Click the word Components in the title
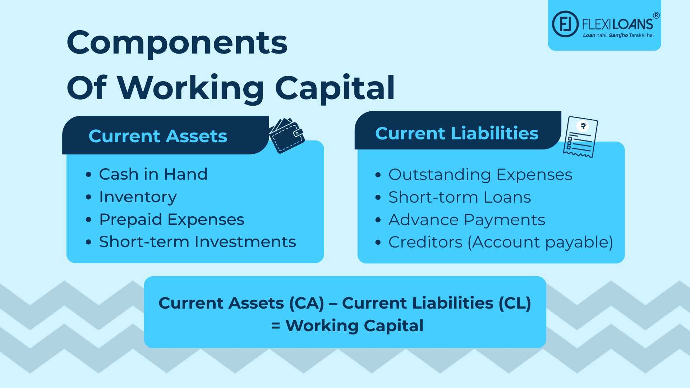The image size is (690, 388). point(177,43)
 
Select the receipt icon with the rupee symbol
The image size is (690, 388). point(580,137)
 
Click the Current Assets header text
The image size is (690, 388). point(158,136)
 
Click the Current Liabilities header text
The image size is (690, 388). point(456,133)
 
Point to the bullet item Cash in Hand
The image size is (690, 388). point(153,174)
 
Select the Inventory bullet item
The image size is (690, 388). point(138,197)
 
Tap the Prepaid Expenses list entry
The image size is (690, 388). point(171,220)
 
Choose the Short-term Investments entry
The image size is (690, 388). point(197,242)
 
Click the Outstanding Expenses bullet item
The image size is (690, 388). point(480,175)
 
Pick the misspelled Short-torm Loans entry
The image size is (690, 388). point(459,197)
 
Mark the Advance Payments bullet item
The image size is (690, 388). point(466,220)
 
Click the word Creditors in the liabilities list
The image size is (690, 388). point(425,242)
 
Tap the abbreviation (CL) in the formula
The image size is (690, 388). point(515,303)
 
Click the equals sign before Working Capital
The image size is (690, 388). point(276,326)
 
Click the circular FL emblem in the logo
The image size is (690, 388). point(565,24)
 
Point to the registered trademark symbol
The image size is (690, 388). point(656,15)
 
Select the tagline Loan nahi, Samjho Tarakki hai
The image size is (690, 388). point(618,35)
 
